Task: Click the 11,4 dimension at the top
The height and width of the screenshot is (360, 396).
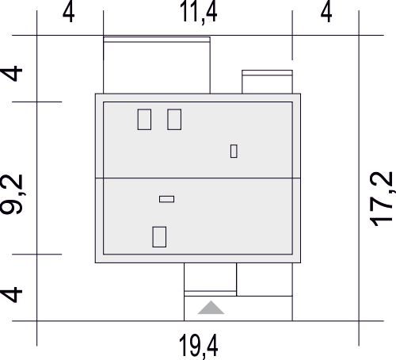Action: pyautogui.click(x=198, y=12)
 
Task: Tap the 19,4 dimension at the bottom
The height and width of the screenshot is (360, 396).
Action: pyautogui.click(x=198, y=347)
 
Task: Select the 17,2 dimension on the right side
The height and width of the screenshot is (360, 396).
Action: pyautogui.click(x=381, y=199)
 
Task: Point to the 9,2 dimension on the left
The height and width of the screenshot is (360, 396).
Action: pyautogui.click(x=12, y=194)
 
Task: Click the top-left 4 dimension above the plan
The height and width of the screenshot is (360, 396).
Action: pyautogui.click(x=68, y=13)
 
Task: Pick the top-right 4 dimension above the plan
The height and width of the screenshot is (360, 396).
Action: pyautogui.click(x=326, y=13)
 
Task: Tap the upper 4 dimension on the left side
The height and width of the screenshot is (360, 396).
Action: pyautogui.click(x=12, y=73)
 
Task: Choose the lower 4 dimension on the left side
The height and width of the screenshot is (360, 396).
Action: pyautogui.click(x=12, y=294)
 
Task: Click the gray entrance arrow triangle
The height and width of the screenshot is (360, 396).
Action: pyautogui.click(x=211, y=308)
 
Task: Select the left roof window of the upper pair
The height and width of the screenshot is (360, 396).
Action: pyautogui.click(x=144, y=120)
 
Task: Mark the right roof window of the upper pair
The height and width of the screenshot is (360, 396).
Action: pyautogui.click(x=174, y=120)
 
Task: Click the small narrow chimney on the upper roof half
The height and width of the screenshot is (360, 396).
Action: pyautogui.click(x=234, y=151)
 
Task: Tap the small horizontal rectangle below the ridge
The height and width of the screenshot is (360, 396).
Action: pyautogui.click(x=166, y=199)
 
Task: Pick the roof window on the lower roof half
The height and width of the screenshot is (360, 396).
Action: pyautogui.click(x=159, y=237)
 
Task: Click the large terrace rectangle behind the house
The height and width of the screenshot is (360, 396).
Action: pyautogui.click(x=157, y=65)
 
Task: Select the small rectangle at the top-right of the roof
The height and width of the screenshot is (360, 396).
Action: pyautogui.click(x=267, y=82)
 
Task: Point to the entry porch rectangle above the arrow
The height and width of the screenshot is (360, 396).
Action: pyautogui.click(x=210, y=279)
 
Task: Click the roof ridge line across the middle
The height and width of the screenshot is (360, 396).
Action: pyautogui.click(x=198, y=178)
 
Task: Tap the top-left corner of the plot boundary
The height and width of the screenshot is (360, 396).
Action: pyautogui.click(x=37, y=35)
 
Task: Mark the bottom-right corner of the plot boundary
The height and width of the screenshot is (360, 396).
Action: pyautogui.click(x=359, y=321)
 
